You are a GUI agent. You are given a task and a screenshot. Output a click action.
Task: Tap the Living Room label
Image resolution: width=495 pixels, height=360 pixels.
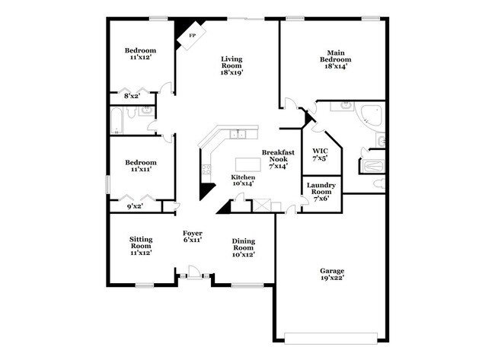click(x=232, y=65)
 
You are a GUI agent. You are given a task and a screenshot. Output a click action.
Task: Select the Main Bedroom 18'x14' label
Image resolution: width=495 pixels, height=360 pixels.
click(x=335, y=59)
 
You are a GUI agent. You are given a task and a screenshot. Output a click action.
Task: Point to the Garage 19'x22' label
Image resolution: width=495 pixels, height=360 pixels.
click(x=332, y=274)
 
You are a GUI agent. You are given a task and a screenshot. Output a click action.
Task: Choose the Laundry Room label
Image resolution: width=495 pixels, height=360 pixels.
click(x=320, y=191)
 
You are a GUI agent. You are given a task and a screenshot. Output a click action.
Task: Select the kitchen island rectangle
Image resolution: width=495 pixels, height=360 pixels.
click(x=246, y=164)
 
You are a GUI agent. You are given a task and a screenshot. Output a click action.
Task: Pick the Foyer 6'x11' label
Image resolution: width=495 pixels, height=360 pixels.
click(x=192, y=236)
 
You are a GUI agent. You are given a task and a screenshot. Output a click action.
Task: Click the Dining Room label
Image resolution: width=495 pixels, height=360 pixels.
click(x=242, y=247)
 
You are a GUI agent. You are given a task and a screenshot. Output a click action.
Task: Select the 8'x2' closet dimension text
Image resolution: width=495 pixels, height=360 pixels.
click(x=132, y=96)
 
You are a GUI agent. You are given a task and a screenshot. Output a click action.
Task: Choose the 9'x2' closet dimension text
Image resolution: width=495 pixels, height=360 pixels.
click(x=134, y=205)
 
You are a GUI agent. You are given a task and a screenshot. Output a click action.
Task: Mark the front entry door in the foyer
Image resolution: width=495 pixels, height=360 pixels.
click(x=194, y=272)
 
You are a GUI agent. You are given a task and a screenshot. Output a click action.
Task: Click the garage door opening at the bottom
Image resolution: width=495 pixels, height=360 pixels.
click(x=332, y=338)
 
